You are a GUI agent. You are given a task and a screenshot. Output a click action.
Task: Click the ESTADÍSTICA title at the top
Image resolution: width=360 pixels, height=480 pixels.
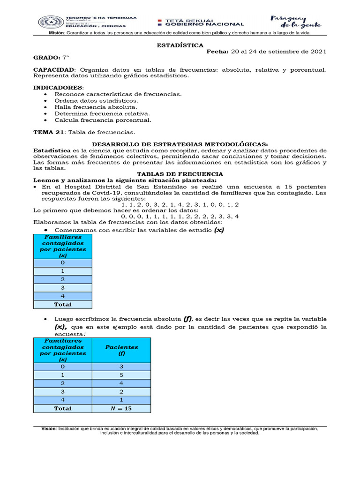[180, 45]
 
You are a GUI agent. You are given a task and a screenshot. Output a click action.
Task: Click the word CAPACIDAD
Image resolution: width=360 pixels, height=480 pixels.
[53, 69]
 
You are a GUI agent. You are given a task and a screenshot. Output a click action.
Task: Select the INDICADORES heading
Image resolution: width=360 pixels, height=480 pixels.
[57, 88]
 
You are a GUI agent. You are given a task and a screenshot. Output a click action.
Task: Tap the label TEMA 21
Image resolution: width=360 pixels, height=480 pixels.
[46, 132]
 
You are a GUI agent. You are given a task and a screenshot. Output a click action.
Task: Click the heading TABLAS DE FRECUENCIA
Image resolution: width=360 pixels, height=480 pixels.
[180, 174]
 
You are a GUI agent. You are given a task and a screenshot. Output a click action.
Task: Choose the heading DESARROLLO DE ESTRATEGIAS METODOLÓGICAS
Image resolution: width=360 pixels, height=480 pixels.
[180, 144]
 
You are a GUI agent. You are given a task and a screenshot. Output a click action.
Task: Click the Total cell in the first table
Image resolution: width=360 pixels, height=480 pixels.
[63, 304]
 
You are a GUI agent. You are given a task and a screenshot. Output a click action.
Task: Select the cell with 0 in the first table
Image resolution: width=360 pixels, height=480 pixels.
[63, 263]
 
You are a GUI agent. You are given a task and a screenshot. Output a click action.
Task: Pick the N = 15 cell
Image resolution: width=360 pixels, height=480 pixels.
[121, 408]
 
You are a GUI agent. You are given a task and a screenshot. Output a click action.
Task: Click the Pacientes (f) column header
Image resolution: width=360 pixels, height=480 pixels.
[121, 350]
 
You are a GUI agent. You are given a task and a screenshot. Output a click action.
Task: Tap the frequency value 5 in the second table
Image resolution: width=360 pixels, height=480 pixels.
[121, 375]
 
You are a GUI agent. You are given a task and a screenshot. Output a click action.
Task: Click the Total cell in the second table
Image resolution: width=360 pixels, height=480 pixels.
[63, 408]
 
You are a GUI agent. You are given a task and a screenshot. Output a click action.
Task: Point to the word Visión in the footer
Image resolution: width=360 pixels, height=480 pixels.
[48, 428]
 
